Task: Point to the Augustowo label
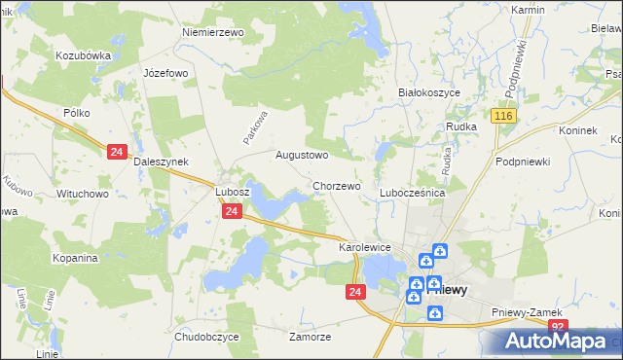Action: coord(301,155)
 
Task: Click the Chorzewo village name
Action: coord(337,185)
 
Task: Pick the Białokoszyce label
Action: coord(429,92)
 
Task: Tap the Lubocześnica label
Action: coord(412,194)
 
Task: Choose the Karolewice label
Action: coord(364,248)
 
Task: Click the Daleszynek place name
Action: coord(160,162)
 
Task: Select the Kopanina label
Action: coord(76,258)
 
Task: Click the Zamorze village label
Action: coord(311,337)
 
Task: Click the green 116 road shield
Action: coord(502,117)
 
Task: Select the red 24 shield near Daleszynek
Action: coord(117,152)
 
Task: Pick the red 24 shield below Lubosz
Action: coord(232,211)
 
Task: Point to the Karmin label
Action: coord(528,9)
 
